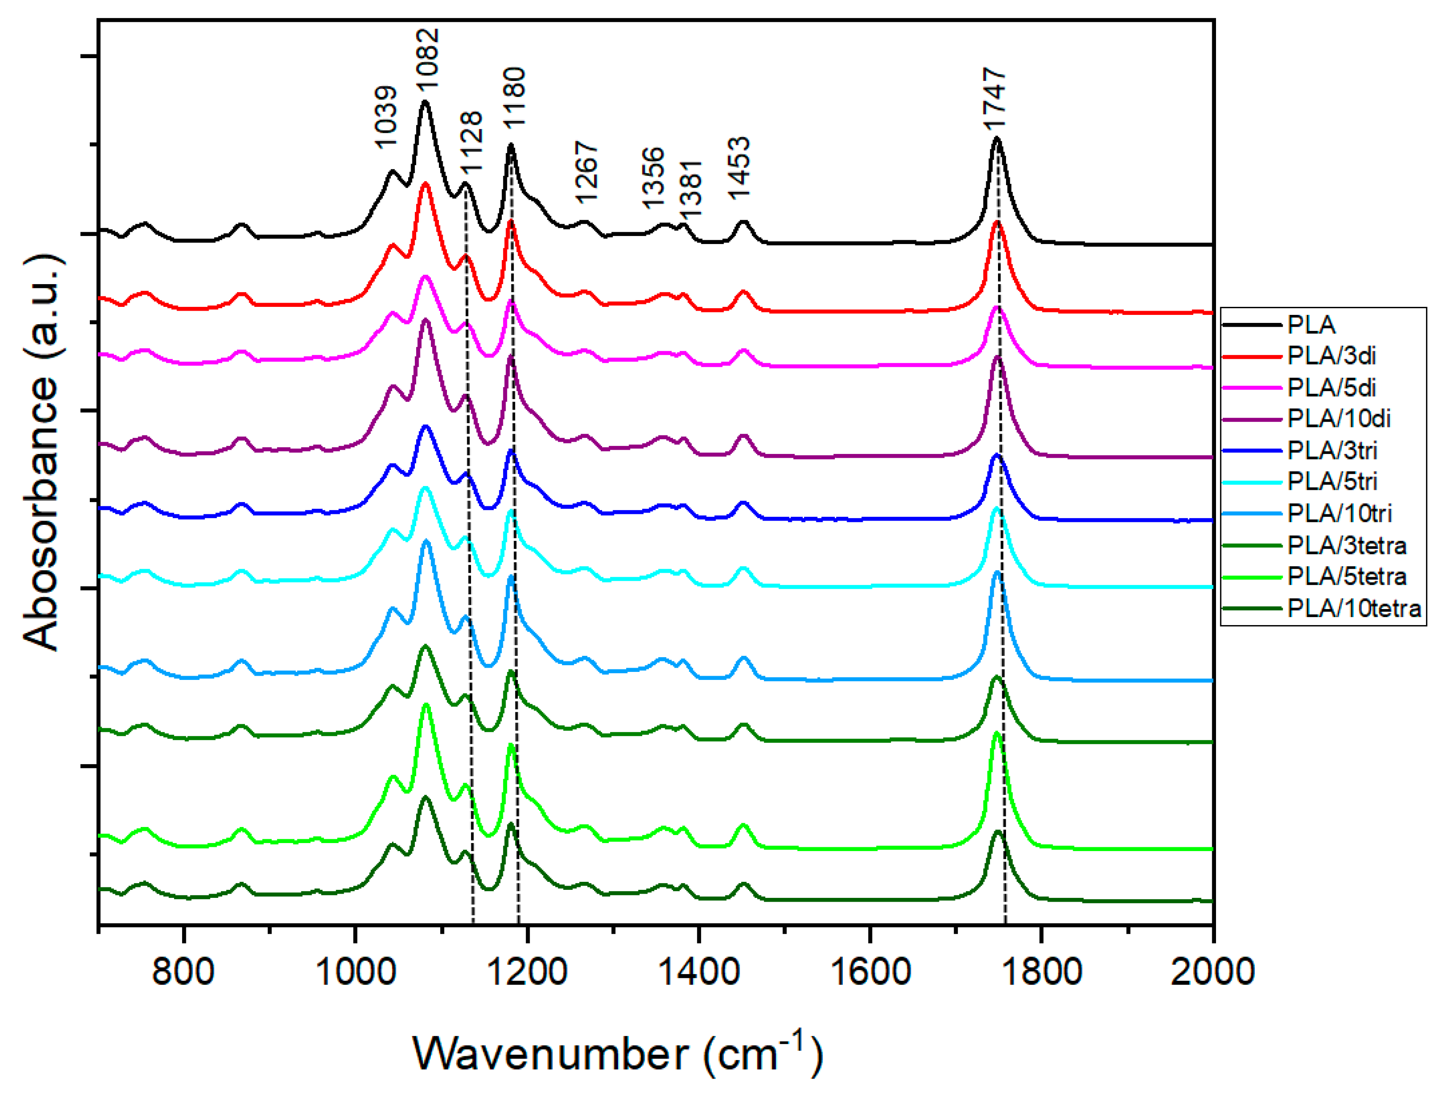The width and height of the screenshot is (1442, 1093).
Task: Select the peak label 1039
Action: tap(385, 117)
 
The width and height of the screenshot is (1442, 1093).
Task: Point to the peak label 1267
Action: tap(586, 173)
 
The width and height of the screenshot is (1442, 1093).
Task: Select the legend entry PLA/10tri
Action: tap(1340, 514)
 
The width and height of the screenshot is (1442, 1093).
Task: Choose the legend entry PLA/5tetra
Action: tap(1347, 577)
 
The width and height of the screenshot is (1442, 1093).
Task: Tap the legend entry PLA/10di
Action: tap(1339, 419)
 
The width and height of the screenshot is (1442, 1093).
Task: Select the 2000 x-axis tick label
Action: tap(1213, 972)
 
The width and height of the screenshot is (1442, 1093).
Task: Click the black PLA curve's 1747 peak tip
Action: tap(996, 138)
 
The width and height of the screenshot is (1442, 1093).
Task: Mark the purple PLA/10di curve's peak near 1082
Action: tap(426, 320)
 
